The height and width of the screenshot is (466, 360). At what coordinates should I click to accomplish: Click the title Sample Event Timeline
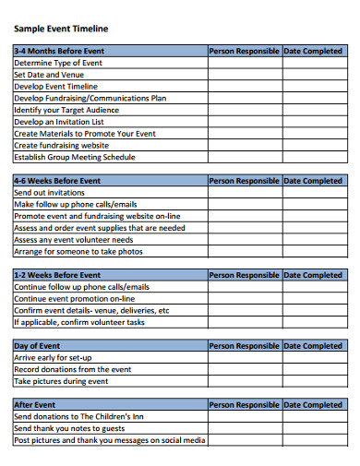pos(54,29)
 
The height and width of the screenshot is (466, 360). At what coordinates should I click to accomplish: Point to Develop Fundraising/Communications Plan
pos(90,98)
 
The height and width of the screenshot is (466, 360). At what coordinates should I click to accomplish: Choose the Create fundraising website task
pos(62,145)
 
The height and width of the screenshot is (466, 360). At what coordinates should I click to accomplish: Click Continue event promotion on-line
pos(75,299)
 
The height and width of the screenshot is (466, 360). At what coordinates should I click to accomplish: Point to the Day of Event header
pos(38,346)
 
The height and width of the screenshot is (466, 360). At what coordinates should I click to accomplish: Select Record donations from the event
pos(72,369)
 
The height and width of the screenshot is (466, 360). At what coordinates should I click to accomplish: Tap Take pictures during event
pos(61,381)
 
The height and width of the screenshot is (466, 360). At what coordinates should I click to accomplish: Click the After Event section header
pos(35,405)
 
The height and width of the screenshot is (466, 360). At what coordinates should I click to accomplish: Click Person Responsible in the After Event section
pos(245,405)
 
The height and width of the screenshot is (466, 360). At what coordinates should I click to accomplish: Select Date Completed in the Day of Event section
pos(312,346)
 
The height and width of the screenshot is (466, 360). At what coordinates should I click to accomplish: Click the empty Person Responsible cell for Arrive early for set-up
pos(245,358)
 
